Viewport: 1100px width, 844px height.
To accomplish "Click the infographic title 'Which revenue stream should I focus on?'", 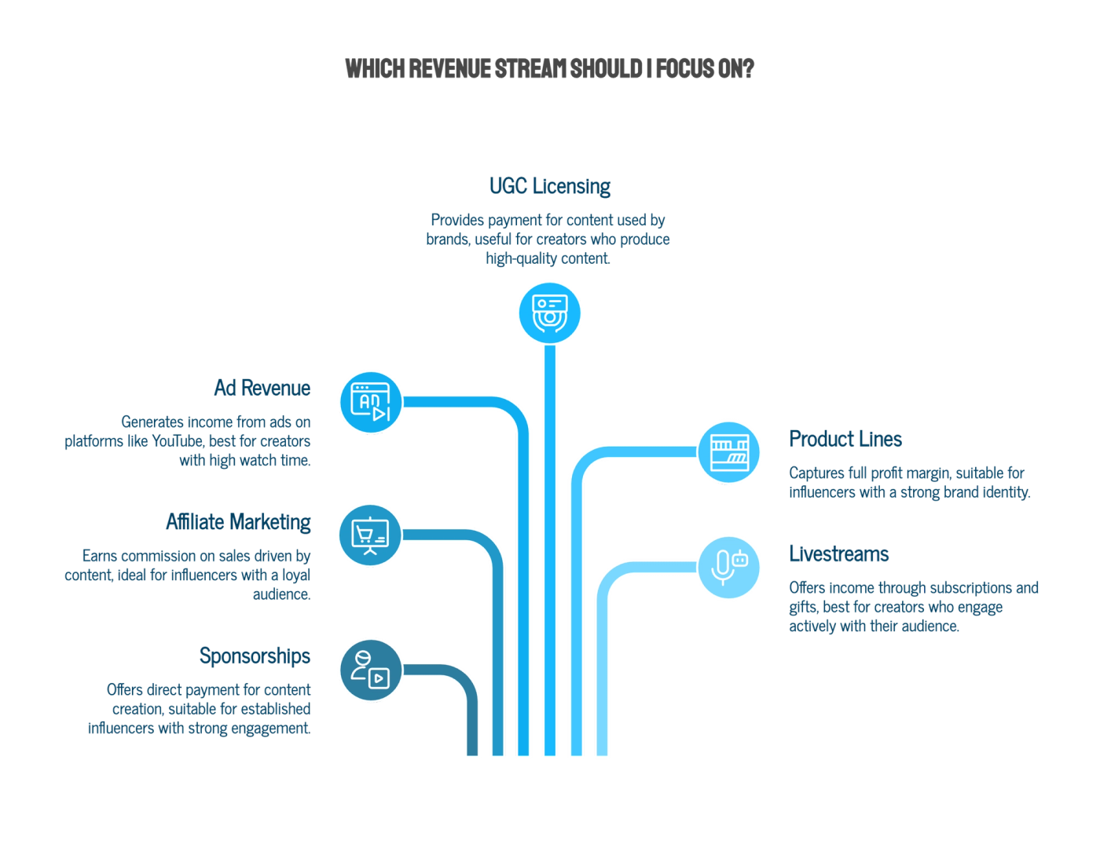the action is (549, 69).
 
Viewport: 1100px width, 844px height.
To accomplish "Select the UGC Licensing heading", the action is (550, 186).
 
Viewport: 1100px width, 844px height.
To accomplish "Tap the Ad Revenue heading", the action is (262, 388).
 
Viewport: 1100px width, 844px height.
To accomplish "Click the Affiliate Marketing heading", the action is (238, 522).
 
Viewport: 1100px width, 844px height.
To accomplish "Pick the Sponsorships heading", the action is (255, 656).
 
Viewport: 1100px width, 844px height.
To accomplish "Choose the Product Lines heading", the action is (845, 439).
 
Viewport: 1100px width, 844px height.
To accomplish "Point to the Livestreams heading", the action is (839, 554).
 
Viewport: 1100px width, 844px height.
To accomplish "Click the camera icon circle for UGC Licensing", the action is (550, 313).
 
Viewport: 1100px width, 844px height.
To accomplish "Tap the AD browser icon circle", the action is (371, 403).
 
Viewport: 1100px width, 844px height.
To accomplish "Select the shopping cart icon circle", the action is (370, 535).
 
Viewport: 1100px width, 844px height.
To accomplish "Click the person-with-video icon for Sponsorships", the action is (371, 670).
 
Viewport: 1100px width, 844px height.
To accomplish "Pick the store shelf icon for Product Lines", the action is (728, 452).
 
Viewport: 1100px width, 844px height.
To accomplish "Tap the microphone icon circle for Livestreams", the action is (728, 568).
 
